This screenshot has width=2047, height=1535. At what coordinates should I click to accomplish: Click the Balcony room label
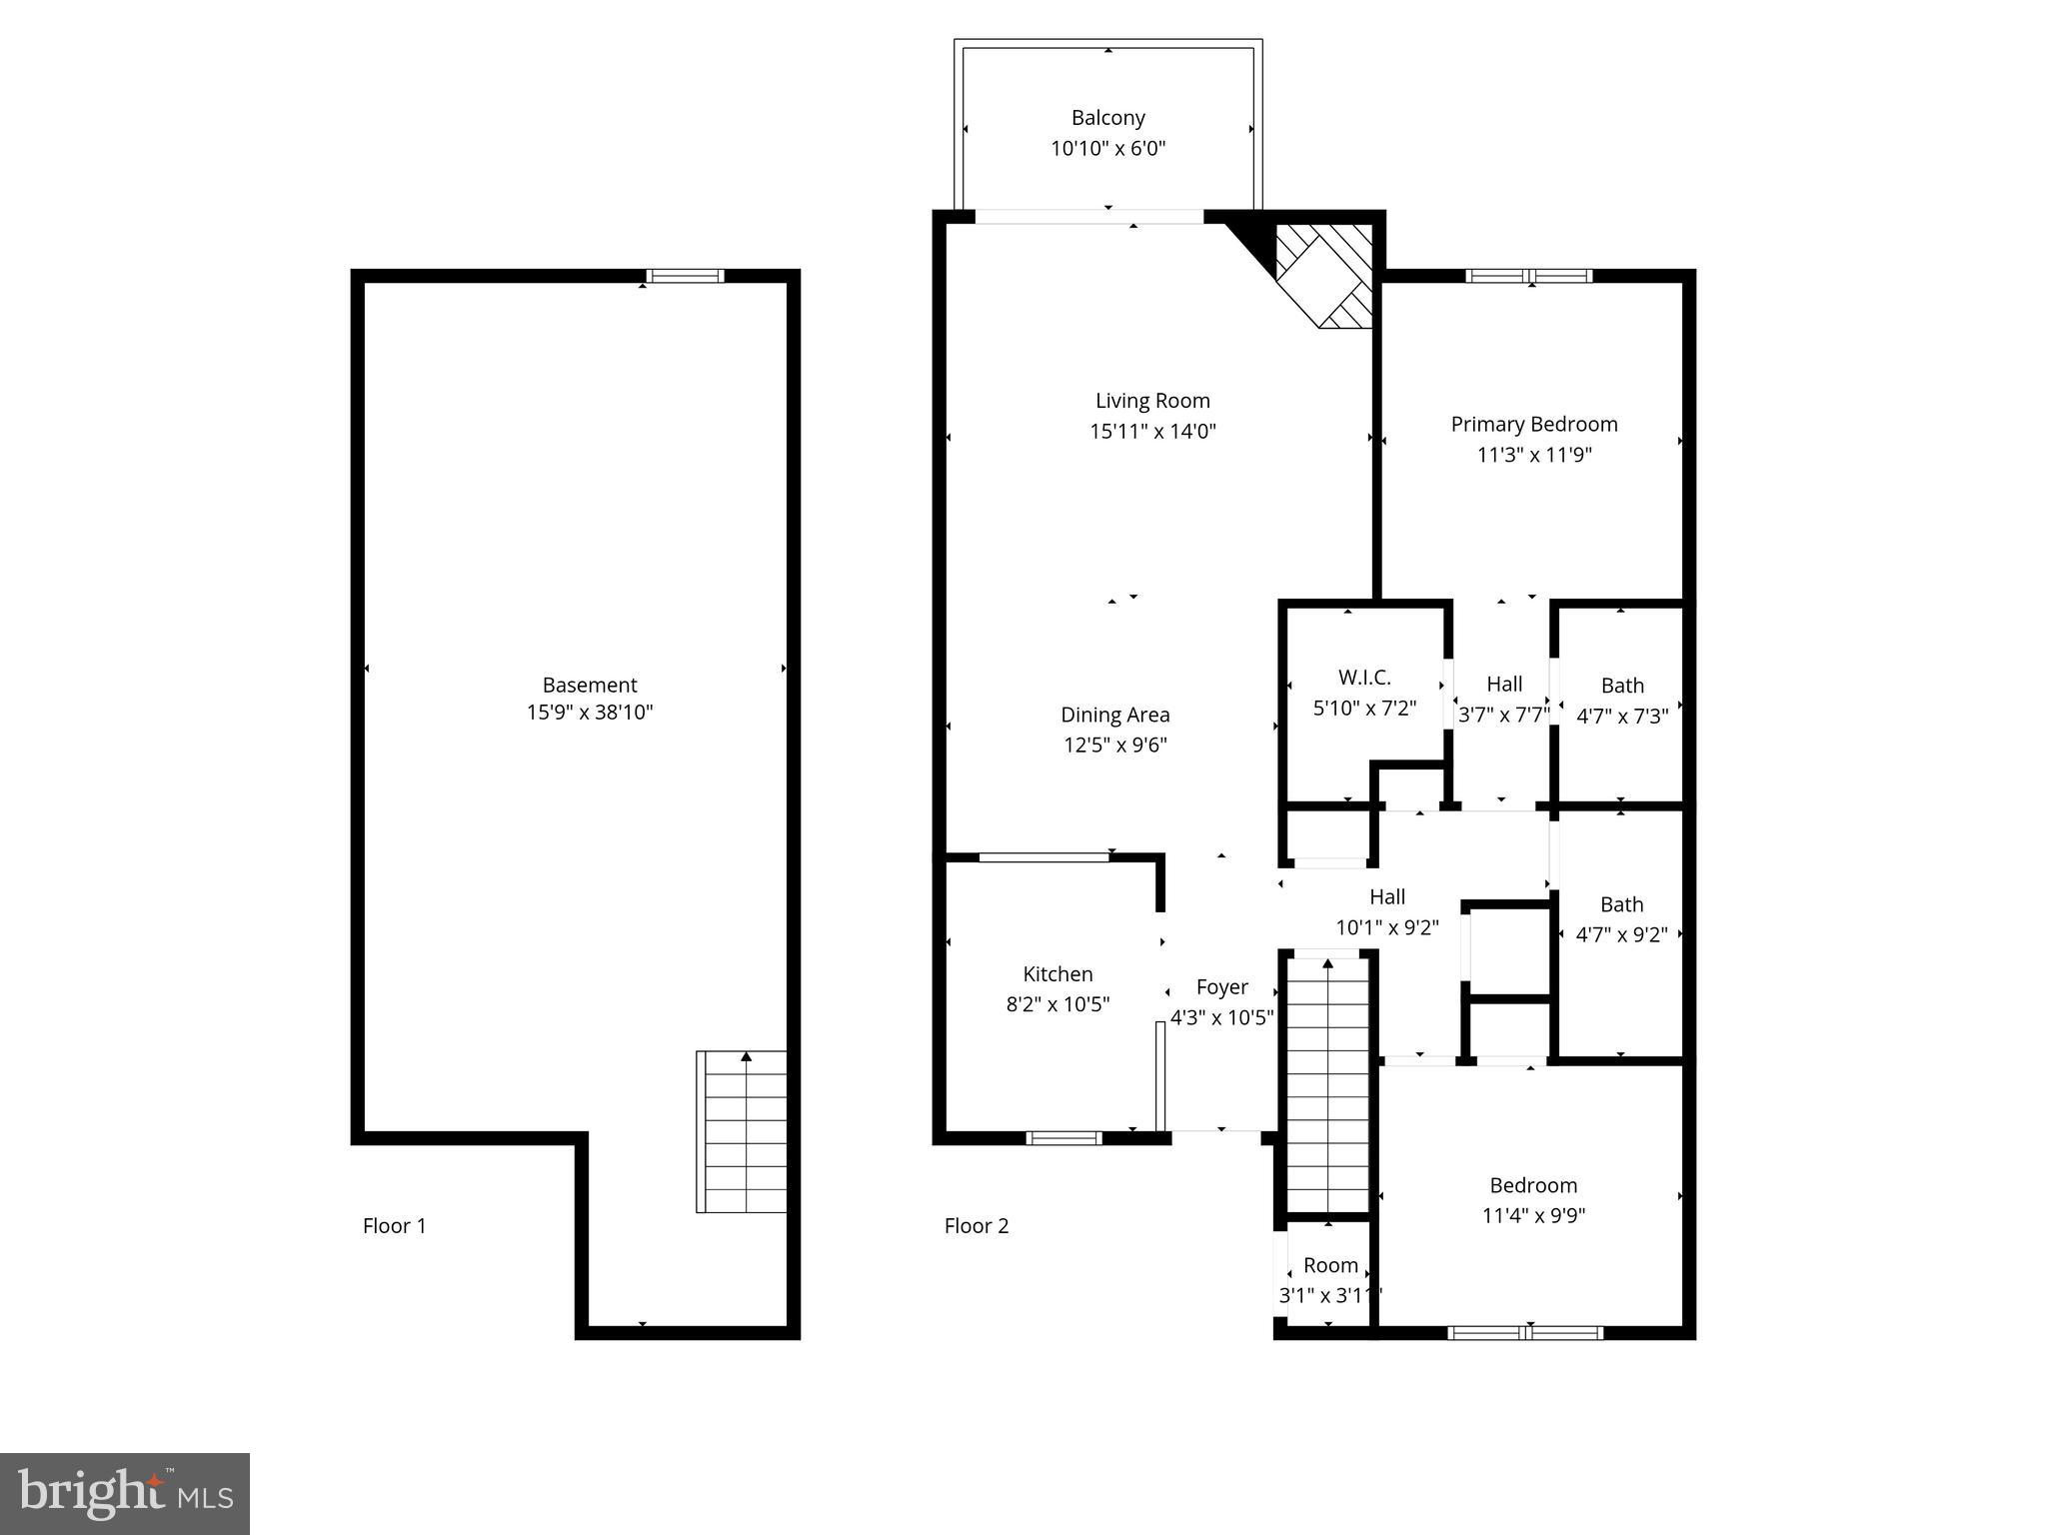[1107, 118]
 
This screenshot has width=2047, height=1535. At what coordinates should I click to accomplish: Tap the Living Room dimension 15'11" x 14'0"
[1152, 432]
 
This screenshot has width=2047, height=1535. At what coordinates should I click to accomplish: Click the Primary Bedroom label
[1533, 424]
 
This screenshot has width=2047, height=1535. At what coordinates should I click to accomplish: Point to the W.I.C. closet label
[1364, 678]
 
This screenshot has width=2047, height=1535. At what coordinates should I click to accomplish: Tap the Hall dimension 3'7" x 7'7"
[1503, 715]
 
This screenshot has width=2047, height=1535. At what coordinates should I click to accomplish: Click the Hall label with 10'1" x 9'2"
[1386, 897]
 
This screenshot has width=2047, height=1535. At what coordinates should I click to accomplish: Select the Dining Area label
[1114, 715]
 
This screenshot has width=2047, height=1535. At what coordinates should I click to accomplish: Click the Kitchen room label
[1057, 974]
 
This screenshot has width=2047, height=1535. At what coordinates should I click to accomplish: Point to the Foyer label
[1221, 987]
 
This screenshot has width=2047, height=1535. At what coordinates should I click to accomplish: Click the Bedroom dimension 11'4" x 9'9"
[1533, 1216]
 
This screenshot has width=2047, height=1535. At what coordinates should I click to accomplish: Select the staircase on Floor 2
[1326, 1084]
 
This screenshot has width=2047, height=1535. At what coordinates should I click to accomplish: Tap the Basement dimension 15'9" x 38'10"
[590, 713]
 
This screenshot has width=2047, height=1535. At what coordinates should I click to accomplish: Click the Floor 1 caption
[394, 1226]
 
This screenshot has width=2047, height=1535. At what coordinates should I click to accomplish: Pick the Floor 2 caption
[976, 1226]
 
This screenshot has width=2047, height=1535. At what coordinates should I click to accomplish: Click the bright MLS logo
[124, 1493]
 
